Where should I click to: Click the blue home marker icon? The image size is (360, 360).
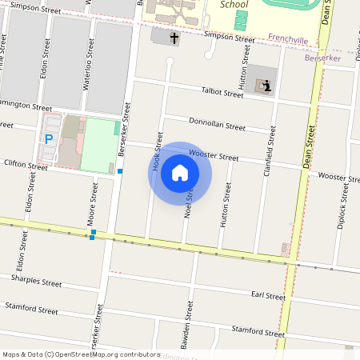click(x=180, y=173)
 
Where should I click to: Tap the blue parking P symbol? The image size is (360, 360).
click(x=49, y=138)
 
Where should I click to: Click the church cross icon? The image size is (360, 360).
click(x=174, y=38)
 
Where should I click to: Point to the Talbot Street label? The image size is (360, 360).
click(x=222, y=93)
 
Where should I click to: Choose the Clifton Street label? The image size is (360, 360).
click(x=26, y=164)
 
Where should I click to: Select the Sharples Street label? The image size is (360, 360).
click(x=35, y=282)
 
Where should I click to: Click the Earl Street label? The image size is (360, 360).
click(x=268, y=296)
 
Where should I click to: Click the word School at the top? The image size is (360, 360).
click(x=233, y=4)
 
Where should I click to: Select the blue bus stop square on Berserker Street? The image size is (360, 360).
click(x=120, y=171)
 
